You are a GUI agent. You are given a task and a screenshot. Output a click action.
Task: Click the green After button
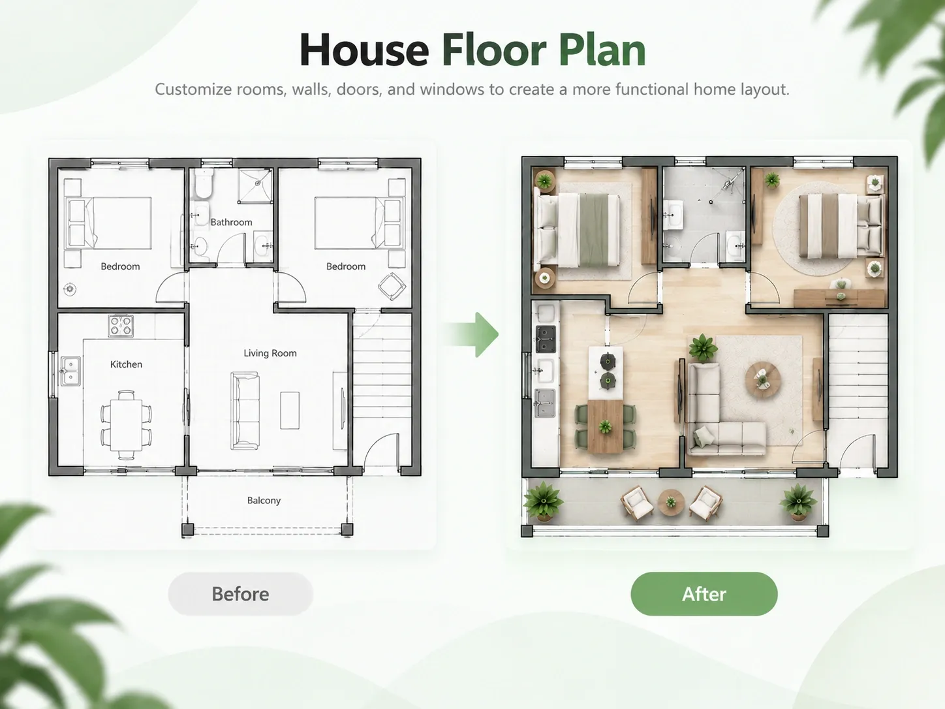(704, 593)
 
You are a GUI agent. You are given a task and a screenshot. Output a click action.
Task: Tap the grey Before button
(240, 593)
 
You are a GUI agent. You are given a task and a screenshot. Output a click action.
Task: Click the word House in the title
(364, 50)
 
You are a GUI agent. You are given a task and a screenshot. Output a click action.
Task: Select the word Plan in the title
(602, 50)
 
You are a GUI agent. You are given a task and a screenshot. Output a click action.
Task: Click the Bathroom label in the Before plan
(231, 222)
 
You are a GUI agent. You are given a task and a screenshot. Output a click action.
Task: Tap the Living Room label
(270, 353)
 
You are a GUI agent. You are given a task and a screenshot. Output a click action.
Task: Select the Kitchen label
(126, 364)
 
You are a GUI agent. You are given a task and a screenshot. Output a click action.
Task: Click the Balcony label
(264, 500)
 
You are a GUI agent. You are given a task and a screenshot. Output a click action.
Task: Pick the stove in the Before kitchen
(121, 326)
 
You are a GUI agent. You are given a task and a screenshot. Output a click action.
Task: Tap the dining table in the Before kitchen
(126, 425)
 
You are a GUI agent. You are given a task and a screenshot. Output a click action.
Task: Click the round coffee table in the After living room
(764, 381)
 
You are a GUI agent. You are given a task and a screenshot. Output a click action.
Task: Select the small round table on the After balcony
(671, 502)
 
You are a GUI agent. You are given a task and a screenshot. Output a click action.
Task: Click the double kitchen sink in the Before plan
(70, 371)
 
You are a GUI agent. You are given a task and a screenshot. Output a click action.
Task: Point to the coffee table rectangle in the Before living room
(290, 410)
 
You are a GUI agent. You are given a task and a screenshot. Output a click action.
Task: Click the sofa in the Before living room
(245, 411)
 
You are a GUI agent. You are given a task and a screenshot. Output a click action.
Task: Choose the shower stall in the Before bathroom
(256, 185)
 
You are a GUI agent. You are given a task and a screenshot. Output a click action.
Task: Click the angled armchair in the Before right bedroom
(392, 286)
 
